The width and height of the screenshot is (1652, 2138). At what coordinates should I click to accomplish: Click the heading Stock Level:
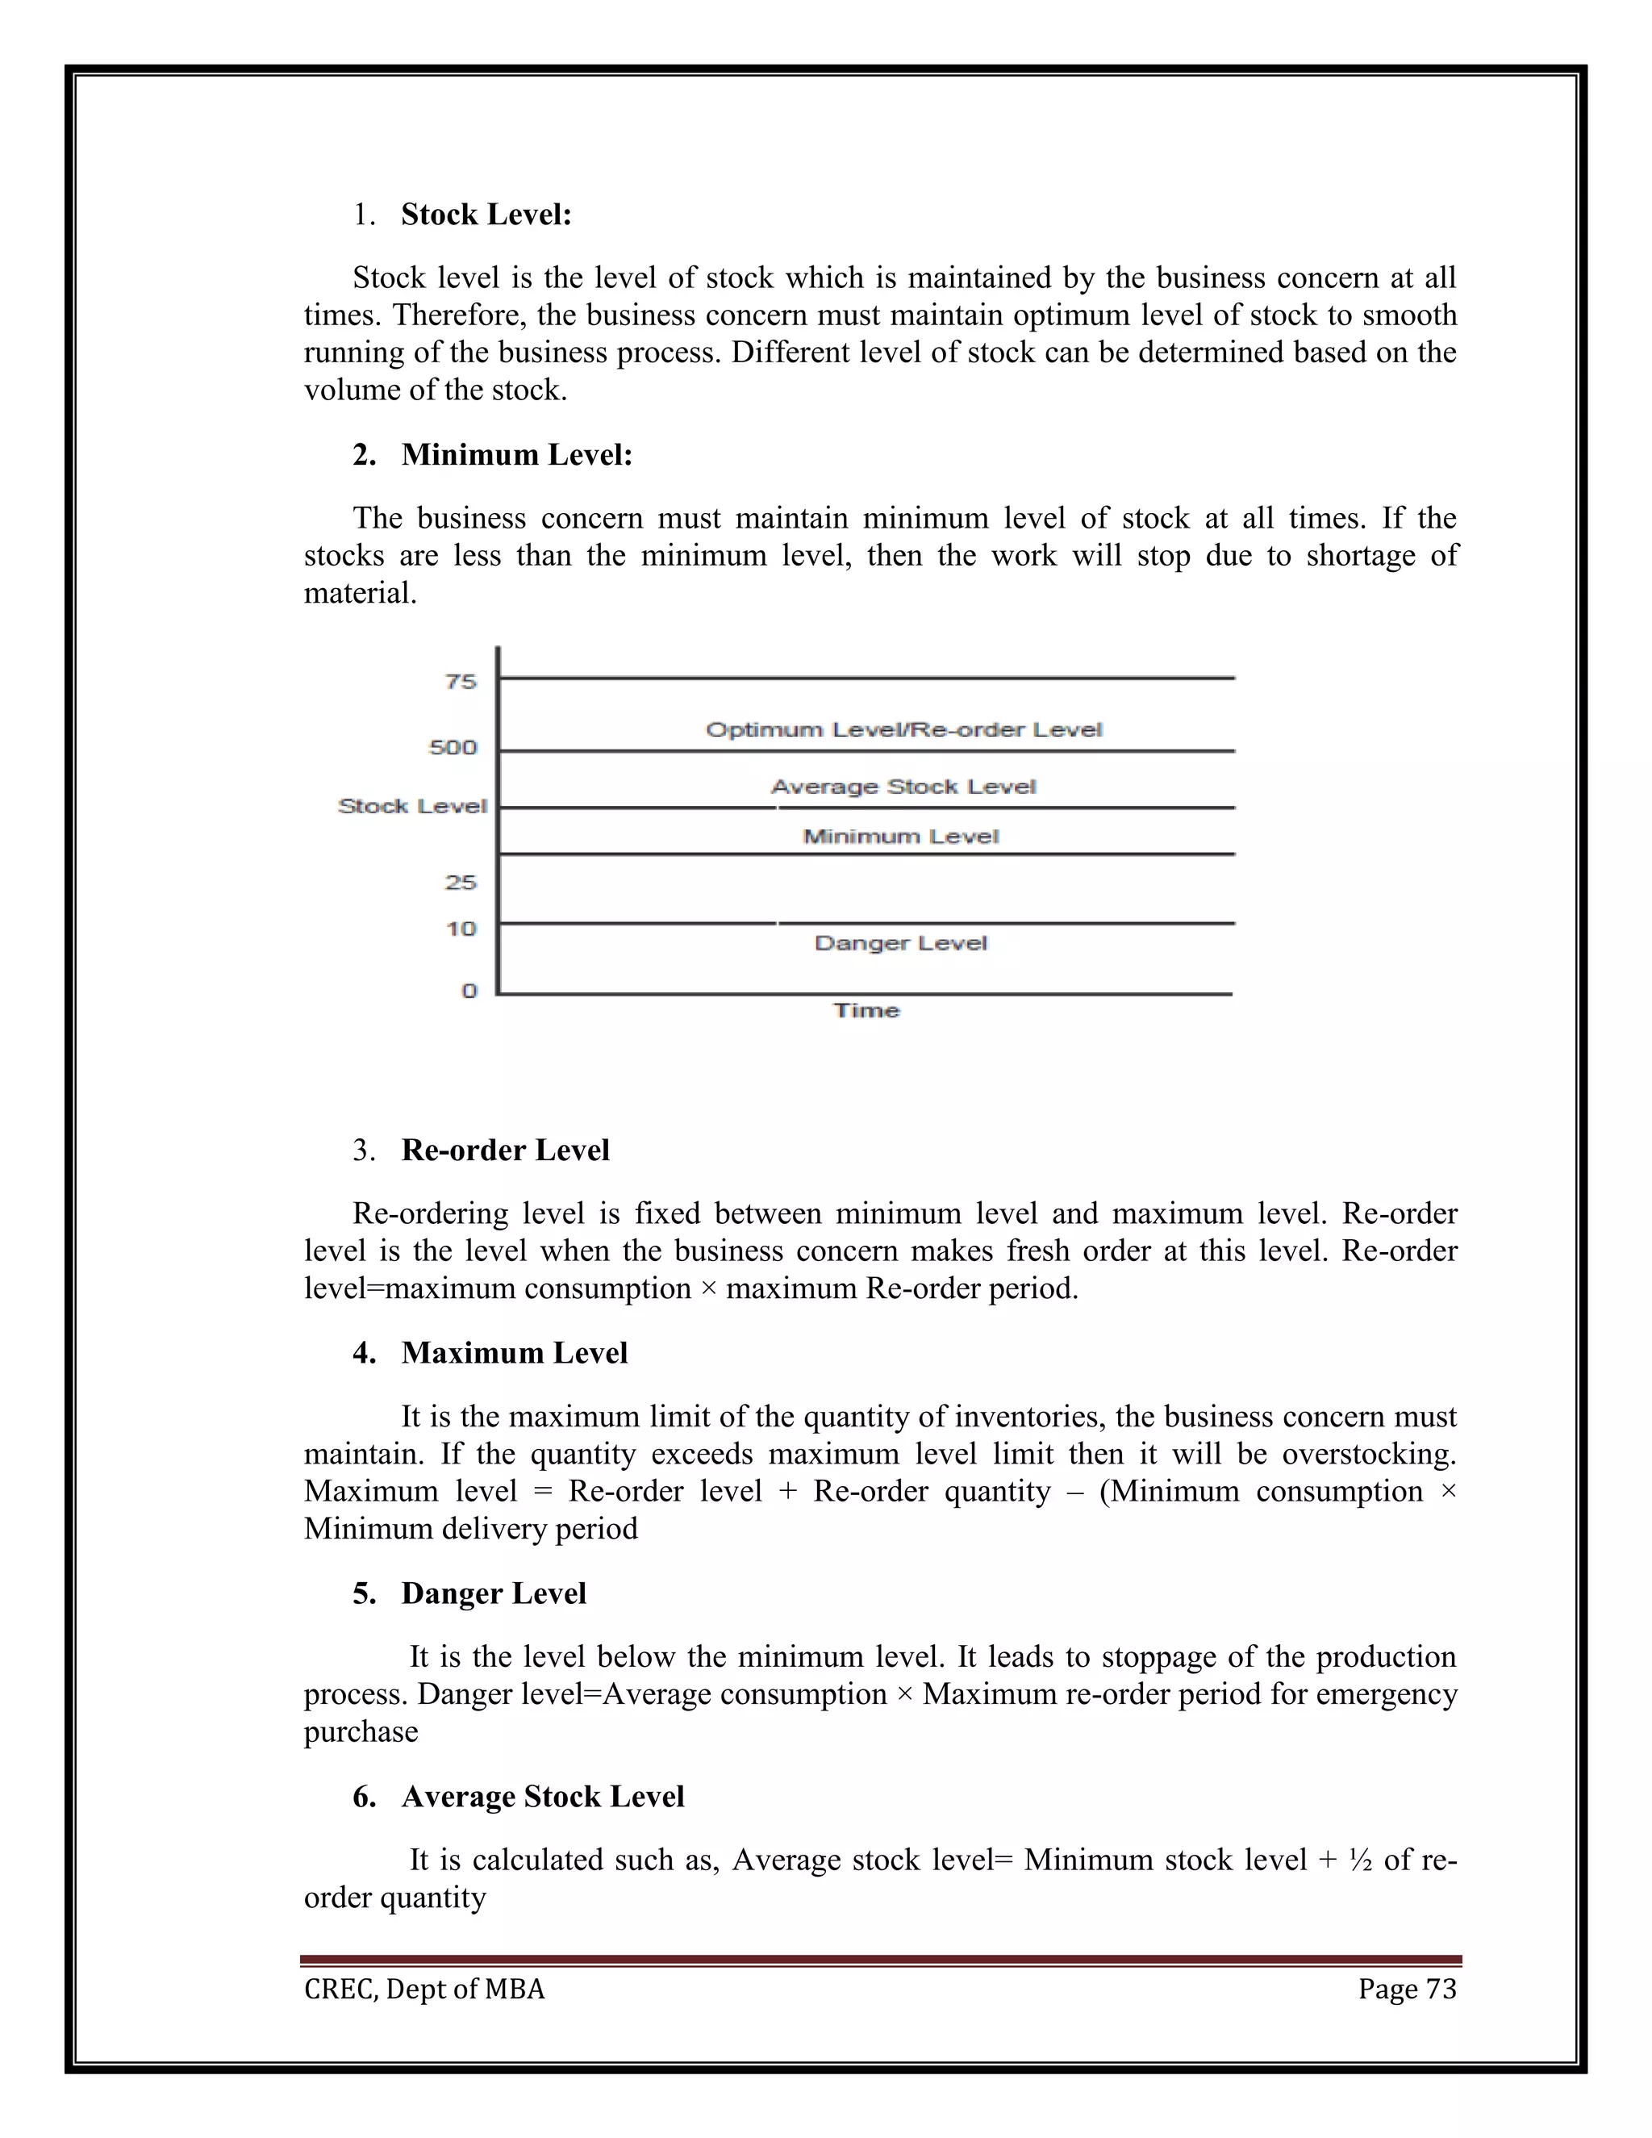[486, 215]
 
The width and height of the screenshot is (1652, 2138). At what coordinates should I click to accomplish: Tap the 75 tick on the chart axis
[461, 682]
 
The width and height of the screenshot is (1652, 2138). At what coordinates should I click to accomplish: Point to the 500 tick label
[453, 748]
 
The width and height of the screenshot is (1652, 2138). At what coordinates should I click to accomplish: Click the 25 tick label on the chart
[461, 882]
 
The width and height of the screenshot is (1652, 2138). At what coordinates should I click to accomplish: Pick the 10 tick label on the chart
[461, 928]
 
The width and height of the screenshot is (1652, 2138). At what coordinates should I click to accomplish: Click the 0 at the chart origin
[469, 991]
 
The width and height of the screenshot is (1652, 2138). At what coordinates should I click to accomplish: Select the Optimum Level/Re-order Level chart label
[903, 730]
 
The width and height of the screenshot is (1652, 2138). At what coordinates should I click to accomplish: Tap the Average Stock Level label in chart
[903, 787]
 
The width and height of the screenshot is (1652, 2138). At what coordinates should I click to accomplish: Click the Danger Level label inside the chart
[900, 944]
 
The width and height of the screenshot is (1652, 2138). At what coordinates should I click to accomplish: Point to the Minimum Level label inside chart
[900, 837]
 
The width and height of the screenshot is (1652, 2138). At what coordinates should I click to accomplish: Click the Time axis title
[866, 1010]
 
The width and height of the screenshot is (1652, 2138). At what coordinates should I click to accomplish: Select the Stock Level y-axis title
[412, 806]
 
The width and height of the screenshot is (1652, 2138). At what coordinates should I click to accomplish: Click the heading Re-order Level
[505, 1150]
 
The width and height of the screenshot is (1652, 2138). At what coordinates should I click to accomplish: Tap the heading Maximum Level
[514, 1353]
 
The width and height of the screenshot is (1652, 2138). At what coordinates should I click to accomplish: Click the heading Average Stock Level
[542, 1797]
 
